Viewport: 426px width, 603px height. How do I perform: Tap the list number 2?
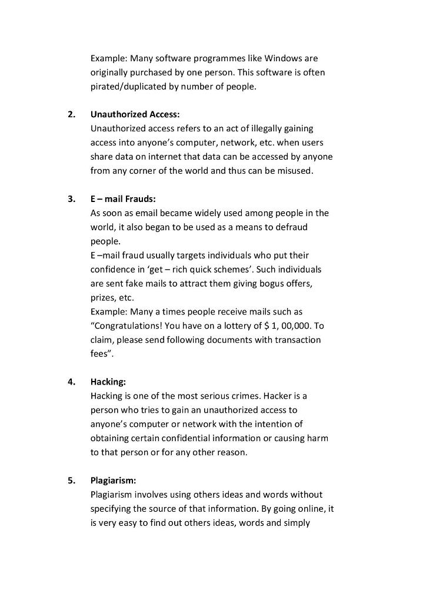71,114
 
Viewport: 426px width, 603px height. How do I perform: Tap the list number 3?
71,198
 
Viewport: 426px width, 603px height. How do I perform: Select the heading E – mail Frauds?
123,198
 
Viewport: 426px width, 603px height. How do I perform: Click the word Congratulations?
127,326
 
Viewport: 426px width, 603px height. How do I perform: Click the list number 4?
71,382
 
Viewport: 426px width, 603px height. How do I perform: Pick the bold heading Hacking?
108,382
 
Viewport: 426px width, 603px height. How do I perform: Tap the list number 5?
71,480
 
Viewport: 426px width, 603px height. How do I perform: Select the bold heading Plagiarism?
113,480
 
